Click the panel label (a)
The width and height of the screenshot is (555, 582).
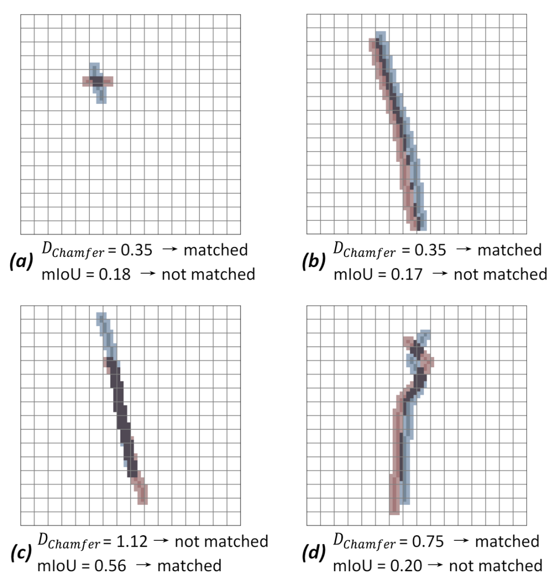[21, 261]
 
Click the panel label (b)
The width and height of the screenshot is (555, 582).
[314, 261]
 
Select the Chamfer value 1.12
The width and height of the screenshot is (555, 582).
[131, 541]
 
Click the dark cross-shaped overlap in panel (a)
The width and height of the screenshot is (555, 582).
[97, 81]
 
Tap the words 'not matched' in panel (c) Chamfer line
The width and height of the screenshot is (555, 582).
[221, 541]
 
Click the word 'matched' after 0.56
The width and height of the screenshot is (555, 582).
[189, 566]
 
